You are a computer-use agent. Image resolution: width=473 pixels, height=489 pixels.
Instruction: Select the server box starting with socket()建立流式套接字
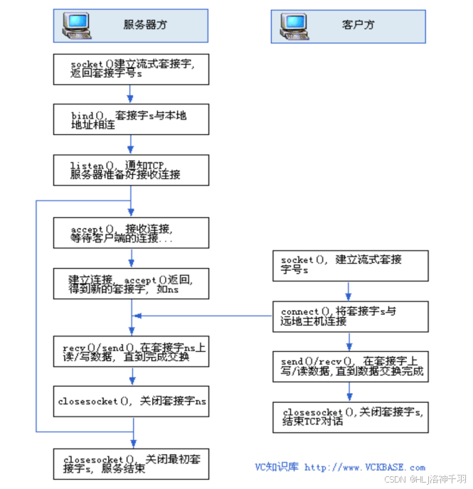(x=132, y=69)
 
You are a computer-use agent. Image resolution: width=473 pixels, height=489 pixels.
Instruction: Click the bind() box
(x=132, y=119)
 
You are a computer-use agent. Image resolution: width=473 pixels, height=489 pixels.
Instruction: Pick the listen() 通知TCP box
(x=132, y=170)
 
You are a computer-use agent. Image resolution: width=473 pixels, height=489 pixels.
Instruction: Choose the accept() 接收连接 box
(x=132, y=233)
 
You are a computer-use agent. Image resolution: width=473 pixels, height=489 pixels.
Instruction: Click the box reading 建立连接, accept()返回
(x=132, y=284)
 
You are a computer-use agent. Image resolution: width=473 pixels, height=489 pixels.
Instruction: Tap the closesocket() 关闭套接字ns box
(x=132, y=402)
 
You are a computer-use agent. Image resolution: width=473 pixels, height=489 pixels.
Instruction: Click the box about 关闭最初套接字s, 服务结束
(x=132, y=464)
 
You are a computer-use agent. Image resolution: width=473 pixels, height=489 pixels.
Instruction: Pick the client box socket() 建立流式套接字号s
(x=351, y=265)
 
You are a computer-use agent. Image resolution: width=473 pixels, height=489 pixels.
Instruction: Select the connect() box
(x=351, y=316)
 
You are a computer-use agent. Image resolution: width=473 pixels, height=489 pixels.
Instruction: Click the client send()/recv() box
(x=351, y=366)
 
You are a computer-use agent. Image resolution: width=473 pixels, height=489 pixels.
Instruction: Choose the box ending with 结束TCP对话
(x=351, y=417)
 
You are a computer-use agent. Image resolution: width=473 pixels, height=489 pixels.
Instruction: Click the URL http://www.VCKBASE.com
(x=364, y=468)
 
